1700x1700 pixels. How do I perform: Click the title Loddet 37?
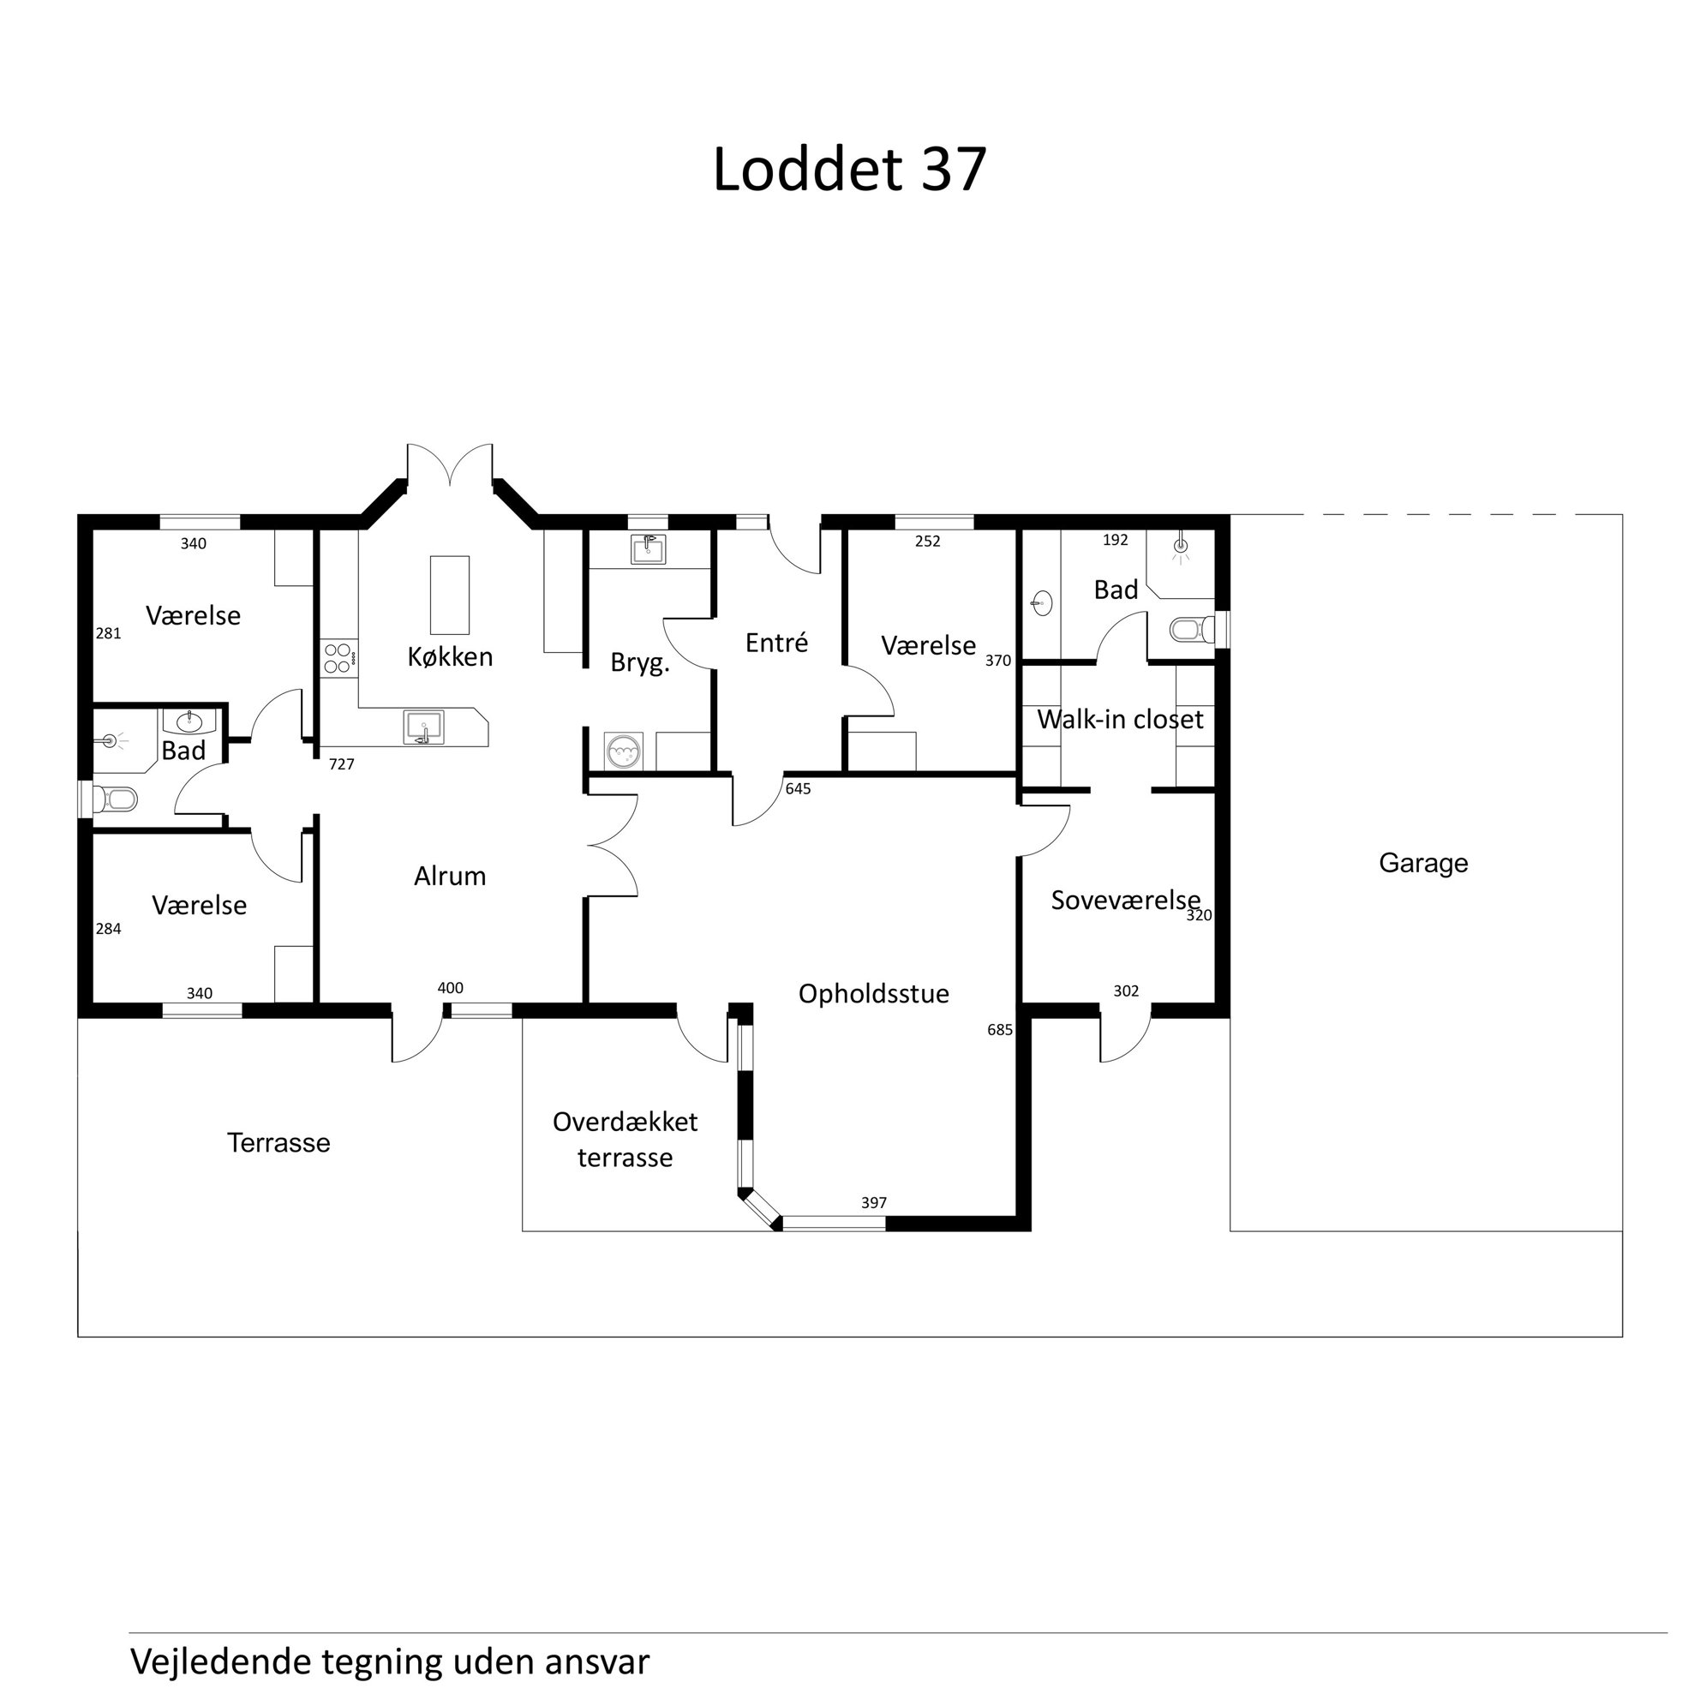point(849,169)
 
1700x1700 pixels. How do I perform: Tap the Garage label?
point(1423,863)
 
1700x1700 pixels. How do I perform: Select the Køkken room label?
point(450,656)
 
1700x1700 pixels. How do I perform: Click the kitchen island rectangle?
point(449,595)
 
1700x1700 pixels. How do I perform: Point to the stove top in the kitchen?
point(338,656)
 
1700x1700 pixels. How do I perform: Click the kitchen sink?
point(423,727)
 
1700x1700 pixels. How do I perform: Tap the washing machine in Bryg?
point(623,751)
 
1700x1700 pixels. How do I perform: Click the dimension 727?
point(341,763)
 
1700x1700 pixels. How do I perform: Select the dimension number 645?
point(798,788)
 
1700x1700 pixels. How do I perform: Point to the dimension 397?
point(874,1202)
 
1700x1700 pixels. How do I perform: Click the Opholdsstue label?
point(874,993)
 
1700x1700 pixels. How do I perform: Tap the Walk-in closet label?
point(1120,719)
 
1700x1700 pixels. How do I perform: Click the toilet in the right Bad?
point(1192,629)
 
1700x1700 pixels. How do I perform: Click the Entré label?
point(776,643)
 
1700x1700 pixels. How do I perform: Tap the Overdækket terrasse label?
point(625,1140)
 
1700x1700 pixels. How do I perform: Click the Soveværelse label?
point(1125,900)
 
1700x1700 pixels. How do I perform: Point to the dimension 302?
point(1126,991)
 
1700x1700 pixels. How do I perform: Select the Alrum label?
point(450,876)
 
